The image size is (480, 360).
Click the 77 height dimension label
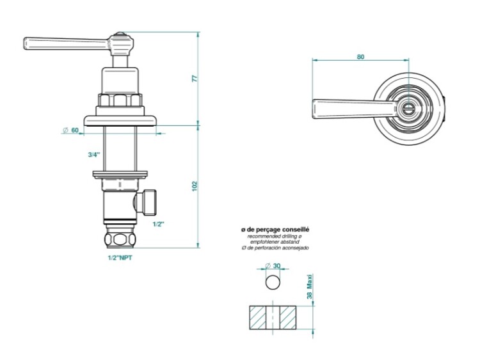tap(195, 78)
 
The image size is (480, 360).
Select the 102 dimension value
tap(195, 186)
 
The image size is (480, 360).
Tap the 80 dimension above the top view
tap(360, 56)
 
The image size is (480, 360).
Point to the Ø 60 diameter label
tap(70, 130)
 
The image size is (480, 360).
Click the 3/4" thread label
tap(94, 155)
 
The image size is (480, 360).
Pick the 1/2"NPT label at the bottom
tap(120, 258)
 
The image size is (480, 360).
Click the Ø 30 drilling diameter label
tap(273, 265)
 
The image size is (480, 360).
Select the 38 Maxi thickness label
tap(310, 287)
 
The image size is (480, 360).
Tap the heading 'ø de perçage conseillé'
tap(275, 230)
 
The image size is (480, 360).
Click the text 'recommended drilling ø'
tap(275, 237)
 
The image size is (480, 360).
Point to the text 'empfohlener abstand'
tap(275, 242)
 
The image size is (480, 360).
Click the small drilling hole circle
tap(273, 282)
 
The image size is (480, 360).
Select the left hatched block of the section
tap(258, 318)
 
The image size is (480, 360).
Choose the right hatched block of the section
tap(288, 318)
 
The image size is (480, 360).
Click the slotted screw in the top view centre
tap(408, 109)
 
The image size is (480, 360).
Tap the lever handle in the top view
tap(352, 109)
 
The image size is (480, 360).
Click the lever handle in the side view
tap(66, 43)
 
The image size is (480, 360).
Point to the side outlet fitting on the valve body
tap(147, 202)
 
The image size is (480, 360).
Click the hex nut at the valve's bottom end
tap(120, 239)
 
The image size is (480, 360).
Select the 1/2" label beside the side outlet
tap(159, 224)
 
